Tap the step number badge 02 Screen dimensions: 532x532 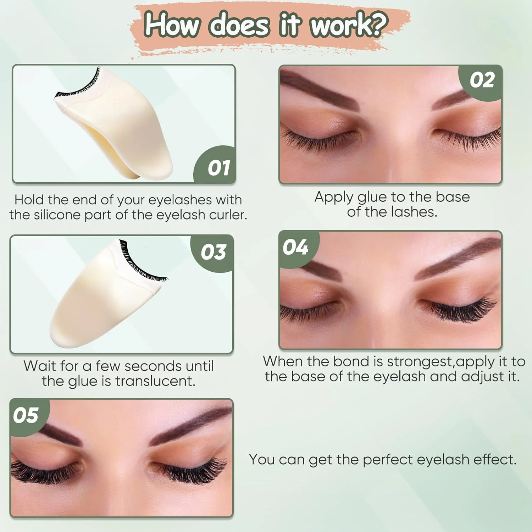[x=482, y=80]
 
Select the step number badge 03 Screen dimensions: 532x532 [x=213, y=252]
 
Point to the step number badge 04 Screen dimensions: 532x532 [x=295, y=247]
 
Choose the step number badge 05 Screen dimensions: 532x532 [x=26, y=415]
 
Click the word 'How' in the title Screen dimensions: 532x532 [x=172, y=24]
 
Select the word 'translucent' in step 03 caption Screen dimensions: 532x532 [x=155, y=381]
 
